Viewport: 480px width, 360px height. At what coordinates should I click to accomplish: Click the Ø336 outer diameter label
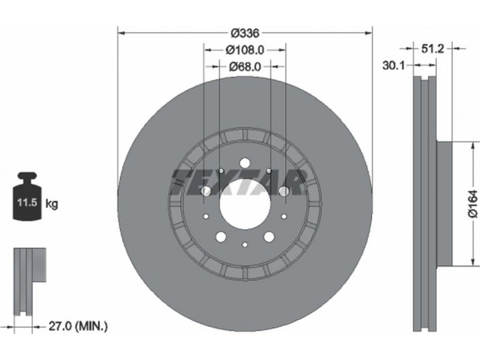(245, 33)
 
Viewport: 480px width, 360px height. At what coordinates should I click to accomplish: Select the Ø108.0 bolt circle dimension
(245, 50)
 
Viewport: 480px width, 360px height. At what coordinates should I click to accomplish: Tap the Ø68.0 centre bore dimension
(245, 66)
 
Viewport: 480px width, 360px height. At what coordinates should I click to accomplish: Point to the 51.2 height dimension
(432, 49)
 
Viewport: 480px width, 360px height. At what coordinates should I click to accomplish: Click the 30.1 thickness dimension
(394, 65)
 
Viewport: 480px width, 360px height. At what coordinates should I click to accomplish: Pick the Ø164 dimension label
(473, 204)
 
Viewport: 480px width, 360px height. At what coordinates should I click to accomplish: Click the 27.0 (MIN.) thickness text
(79, 326)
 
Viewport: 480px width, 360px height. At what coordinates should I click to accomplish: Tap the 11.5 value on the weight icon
(27, 202)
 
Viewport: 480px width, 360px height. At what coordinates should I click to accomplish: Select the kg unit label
(52, 203)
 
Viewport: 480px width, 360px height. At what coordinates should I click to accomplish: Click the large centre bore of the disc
(245, 203)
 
